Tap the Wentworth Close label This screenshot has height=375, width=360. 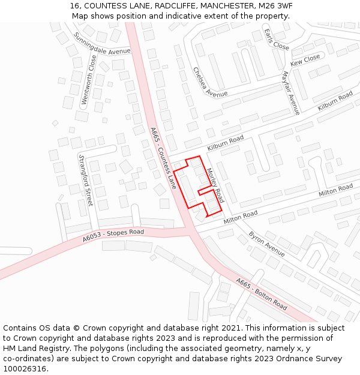coord(88,80)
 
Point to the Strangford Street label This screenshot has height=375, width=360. coord(85,180)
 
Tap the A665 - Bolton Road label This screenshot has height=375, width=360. coord(261,293)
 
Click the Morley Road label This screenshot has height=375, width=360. coord(215,185)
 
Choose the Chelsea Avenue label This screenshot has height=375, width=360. coord(209,82)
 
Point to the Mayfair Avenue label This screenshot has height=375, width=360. coord(290,93)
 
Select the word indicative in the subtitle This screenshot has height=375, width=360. coord(178,16)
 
